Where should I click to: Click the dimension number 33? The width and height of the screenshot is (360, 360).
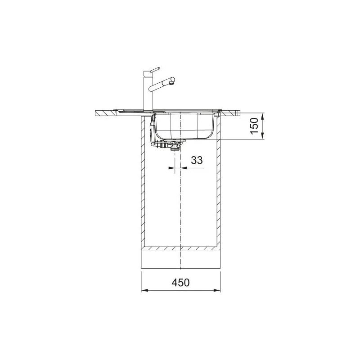tap(196, 160)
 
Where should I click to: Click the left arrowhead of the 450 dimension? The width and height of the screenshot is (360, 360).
tap(144, 290)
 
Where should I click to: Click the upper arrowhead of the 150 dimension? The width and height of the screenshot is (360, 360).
tap(264, 116)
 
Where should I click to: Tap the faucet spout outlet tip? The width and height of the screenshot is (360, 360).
tap(173, 80)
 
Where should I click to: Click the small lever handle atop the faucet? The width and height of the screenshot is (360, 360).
tap(155, 69)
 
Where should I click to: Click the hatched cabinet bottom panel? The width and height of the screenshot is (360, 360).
tap(180, 248)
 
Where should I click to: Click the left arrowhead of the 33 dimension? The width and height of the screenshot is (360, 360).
tap(171, 168)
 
